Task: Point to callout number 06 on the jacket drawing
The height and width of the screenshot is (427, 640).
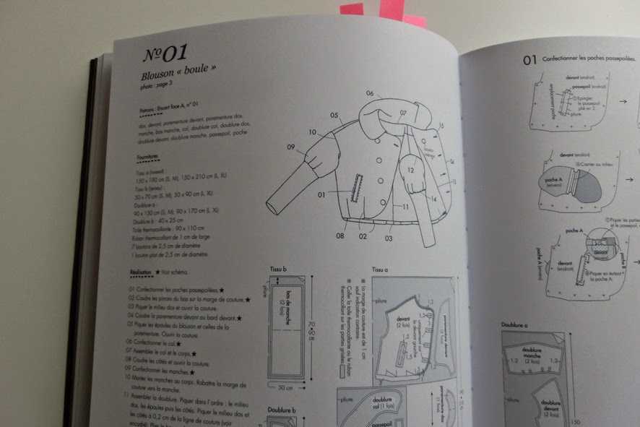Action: tap(370, 94)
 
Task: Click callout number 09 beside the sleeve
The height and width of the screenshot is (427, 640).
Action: tap(290, 147)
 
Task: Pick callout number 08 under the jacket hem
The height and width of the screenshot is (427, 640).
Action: tap(339, 235)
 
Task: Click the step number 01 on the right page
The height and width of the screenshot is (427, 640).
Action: tap(529, 61)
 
